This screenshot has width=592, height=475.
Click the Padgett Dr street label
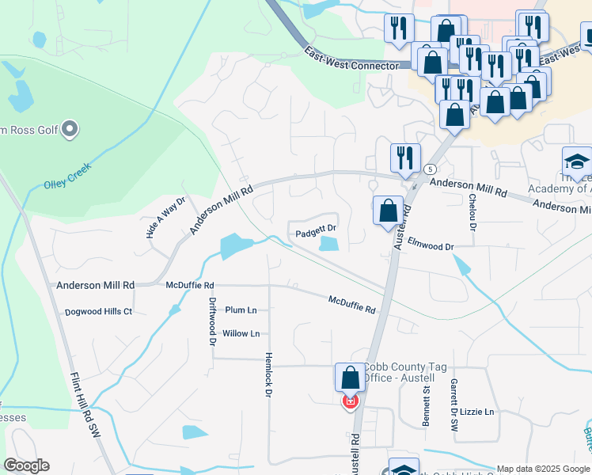click(x=316, y=234)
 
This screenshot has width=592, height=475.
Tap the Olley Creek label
click(x=69, y=177)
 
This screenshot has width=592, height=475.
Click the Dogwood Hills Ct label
click(x=98, y=312)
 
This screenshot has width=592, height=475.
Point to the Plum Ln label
click(x=241, y=310)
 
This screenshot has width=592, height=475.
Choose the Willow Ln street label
click(x=241, y=333)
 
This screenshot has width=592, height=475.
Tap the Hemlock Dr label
click(x=269, y=374)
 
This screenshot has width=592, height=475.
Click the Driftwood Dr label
click(x=212, y=321)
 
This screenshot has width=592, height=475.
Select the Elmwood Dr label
click(x=431, y=246)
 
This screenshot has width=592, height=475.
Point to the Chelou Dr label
click(x=472, y=211)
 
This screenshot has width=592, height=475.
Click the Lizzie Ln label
click(x=476, y=412)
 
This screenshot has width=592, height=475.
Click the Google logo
click(x=26, y=465)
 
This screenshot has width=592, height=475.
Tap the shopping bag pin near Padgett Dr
click(x=388, y=212)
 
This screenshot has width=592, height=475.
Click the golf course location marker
click(x=70, y=128)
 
